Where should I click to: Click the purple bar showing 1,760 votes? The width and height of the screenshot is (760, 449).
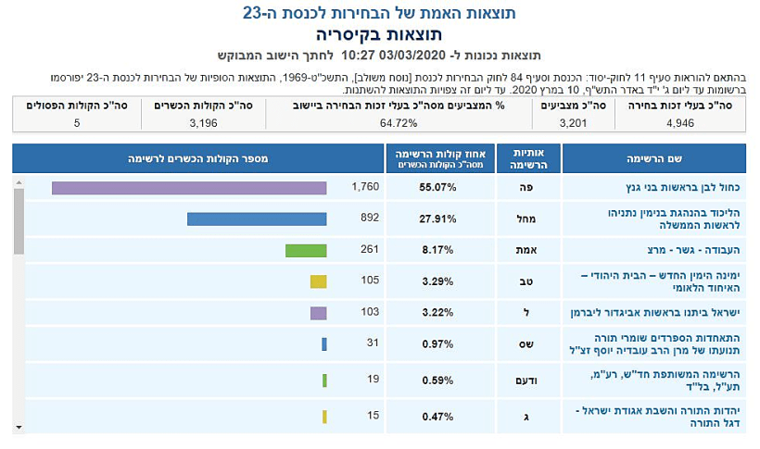tap(189, 188)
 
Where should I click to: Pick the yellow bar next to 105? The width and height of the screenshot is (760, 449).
tap(318, 281)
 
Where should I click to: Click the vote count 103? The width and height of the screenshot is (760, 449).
tap(364, 313)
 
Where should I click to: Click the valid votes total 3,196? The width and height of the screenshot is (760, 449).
tap(203, 122)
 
